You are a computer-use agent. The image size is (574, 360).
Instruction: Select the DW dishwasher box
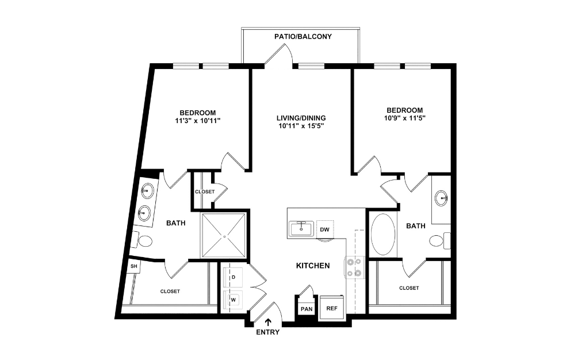point(324,229)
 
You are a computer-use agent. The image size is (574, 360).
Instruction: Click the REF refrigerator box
point(331,308)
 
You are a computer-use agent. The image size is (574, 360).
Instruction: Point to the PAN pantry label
point(305,309)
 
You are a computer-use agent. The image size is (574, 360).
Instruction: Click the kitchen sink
point(300,229)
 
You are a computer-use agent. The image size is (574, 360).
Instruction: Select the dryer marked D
point(233,277)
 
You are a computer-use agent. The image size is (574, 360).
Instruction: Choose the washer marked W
point(233,300)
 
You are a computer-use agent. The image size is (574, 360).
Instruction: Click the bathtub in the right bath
point(381,235)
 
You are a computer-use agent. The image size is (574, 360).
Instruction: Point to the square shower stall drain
point(224,236)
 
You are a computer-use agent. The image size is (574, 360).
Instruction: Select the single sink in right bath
point(442,199)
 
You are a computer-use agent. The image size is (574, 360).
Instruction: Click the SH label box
point(133,266)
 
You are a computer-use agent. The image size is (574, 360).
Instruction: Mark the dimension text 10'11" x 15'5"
point(297,127)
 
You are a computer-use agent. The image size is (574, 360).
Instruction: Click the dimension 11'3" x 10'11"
point(197,121)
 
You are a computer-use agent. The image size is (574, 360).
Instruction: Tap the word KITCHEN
point(312,266)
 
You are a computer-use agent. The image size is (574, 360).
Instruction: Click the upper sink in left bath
point(147,190)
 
